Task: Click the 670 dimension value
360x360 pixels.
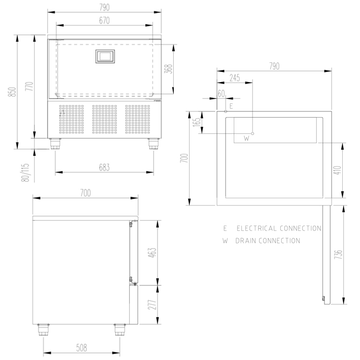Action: pyautogui.click(x=104, y=21)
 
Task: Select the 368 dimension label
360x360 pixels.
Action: pyautogui.click(x=168, y=69)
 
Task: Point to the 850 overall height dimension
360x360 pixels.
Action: pyautogui.click(x=12, y=92)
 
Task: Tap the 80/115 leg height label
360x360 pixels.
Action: pyautogui.click(x=25, y=172)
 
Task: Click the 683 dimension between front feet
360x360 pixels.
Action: pyautogui.click(x=104, y=168)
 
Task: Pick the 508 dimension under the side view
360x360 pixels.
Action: pyautogui.click(x=82, y=348)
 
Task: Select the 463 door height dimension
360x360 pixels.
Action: pyautogui.click(x=153, y=252)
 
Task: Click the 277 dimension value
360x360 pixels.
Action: pyautogui.click(x=153, y=305)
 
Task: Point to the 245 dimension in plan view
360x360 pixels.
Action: pyautogui.click(x=235, y=78)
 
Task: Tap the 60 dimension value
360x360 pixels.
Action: pyautogui.click(x=221, y=94)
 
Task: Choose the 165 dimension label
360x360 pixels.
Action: pyautogui.click(x=197, y=122)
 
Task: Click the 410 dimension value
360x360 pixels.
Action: pyautogui.click(x=338, y=170)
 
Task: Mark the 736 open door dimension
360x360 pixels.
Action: pyautogui.click(x=338, y=254)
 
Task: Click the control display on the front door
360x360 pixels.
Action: pyautogui.click(x=105, y=56)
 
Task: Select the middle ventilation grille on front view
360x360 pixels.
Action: pyautogui.click(x=105, y=119)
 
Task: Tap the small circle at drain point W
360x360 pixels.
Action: pyautogui.click(x=252, y=133)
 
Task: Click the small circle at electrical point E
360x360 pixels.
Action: pyautogui.click(x=226, y=111)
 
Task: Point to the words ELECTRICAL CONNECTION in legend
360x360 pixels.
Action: pyautogui.click(x=279, y=228)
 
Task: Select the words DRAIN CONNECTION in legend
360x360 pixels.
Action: pyautogui.click(x=268, y=240)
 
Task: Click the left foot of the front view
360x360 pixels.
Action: pyautogui.click(x=56, y=144)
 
